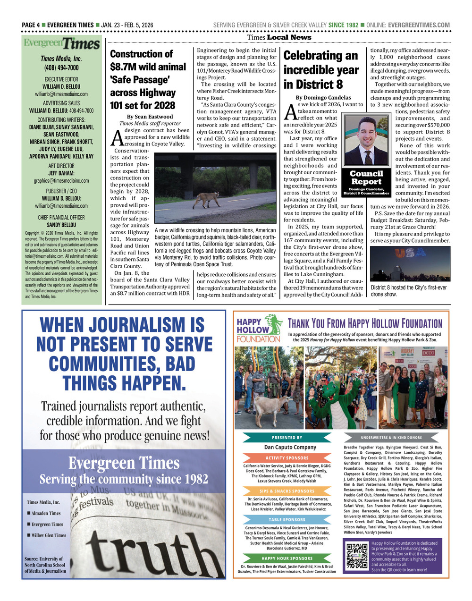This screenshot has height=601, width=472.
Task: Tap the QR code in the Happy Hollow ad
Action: click(x=357, y=555)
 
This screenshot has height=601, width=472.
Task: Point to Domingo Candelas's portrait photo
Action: click(x=366, y=140)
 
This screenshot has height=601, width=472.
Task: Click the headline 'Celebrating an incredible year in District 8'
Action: click(x=321, y=70)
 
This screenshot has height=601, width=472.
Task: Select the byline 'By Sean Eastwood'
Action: click(x=150, y=117)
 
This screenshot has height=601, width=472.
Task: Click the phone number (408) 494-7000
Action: click(x=61, y=68)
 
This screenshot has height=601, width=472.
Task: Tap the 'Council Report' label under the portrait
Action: click(x=366, y=178)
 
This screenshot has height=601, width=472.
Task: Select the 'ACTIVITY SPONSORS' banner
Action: click(x=287, y=458)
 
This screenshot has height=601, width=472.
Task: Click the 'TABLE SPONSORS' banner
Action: click(x=287, y=519)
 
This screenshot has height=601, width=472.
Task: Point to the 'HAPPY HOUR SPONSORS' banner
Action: click(x=287, y=558)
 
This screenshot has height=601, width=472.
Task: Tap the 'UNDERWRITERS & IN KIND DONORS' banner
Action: click(x=391, y=438)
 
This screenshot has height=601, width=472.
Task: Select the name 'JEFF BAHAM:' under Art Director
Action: click(x=61, y=173)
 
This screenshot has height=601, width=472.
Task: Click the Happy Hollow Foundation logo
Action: click(x=258, y=329)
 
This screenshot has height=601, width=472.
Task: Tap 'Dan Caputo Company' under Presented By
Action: click(x=290, y=447)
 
